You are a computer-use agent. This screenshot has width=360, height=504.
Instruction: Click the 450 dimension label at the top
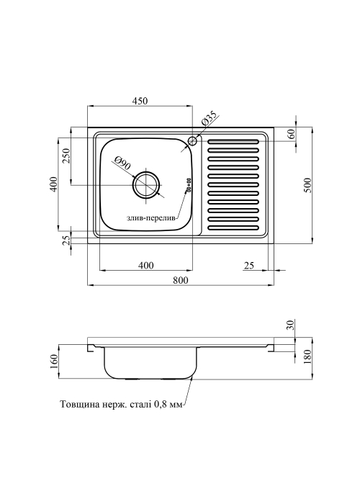140,101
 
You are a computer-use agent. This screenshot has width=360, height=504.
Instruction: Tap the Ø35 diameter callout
210,120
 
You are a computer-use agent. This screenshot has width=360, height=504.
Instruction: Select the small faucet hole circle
192,141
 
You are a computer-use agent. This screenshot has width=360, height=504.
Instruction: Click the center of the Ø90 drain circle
146,185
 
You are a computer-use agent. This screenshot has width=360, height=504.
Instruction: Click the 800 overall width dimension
181,280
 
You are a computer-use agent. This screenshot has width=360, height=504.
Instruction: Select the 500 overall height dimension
308,185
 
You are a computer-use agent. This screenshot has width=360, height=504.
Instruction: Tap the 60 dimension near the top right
292,134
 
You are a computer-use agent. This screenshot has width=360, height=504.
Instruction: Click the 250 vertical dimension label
66,156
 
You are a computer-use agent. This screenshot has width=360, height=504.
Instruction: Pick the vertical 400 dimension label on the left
54,184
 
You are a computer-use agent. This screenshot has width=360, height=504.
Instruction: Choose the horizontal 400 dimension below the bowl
146,266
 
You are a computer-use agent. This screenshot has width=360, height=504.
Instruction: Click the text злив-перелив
150,219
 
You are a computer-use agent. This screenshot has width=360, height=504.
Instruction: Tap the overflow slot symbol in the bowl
189,186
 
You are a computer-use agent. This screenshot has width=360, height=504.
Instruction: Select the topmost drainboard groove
233,141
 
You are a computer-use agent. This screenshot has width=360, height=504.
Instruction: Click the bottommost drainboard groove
233,228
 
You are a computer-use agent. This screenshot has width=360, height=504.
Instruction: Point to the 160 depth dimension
54,361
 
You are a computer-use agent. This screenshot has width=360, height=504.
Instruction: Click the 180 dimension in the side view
308,357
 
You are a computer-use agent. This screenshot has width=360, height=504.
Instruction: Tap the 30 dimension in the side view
291,325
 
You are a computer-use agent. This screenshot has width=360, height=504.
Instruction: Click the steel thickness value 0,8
161,405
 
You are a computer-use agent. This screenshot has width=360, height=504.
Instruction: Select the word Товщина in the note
76,405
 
